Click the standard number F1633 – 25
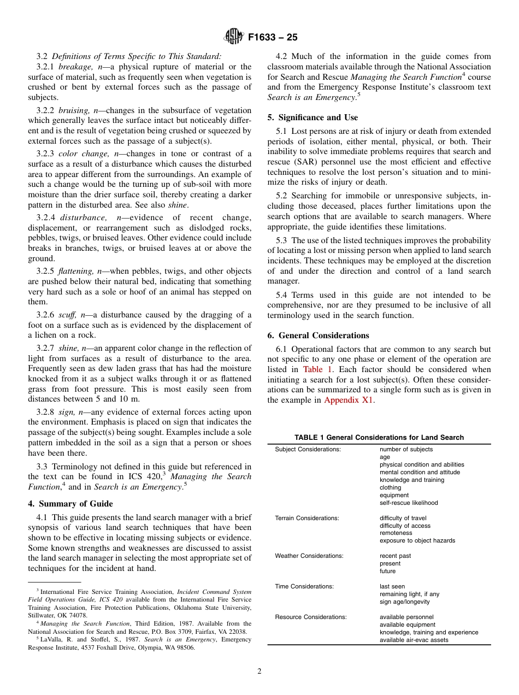(273, 38)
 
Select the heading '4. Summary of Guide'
(70, 504)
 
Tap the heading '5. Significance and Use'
(312, 117)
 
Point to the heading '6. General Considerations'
(318, 335)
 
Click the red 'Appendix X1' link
(349, 400)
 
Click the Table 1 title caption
(379, 437)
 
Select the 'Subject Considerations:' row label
(308, 449)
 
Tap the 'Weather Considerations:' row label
(309, 556)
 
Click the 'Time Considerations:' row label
(304, 586)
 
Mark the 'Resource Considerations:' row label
(310, 617)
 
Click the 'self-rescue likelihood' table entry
(409, 503)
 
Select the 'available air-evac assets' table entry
(414, 640)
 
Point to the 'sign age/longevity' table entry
(404, 602)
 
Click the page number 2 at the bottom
(259, 672)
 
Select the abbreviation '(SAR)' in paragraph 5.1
(304, 162)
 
